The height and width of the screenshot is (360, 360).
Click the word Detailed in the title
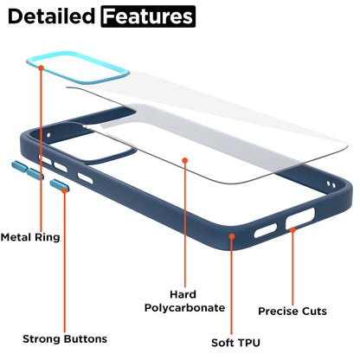pyautogui.click(x=51, y=16)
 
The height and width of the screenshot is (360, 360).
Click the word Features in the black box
pyautogui.click(x=148, y=16)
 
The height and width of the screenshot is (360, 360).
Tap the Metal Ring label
pyautogui.click(x=30, y=237)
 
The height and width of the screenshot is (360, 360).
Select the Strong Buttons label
pyautogui.click(x=65, y=339)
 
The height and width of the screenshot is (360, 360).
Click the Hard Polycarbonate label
pyautogui.click(x=184, y=301)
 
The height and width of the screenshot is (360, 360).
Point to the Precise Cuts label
pyautogui.click(x=292, y=312)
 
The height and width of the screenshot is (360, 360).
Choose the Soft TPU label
pyautogui.click(x=235, y=343)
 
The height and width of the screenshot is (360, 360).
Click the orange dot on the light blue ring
pyautogui.click(x=42, y=67)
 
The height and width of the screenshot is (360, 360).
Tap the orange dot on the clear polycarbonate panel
pyautogui.click(x=185, y=160)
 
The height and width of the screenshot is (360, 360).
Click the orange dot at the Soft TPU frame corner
pyautogui.click(x=232, y=236)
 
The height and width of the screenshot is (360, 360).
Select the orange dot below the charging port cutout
pyautogui.click(x=292, y=230)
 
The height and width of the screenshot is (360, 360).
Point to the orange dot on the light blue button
pyautogui.click(x=64, y=190)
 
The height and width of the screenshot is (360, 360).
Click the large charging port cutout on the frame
pyautogui.click(x=300, y=218)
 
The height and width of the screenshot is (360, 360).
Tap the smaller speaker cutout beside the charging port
pyautogui.click(x=266, y=231)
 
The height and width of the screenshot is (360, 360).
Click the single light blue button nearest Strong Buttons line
pyautogui.click(x=59, y=185)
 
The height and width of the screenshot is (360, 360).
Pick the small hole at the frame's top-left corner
pyautogui.click(x=48, y=135)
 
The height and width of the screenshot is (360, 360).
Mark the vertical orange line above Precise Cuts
pyautogui.click(x=292, y=267)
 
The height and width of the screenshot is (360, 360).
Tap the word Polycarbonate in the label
pyautogui.click(x=184, y=308)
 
